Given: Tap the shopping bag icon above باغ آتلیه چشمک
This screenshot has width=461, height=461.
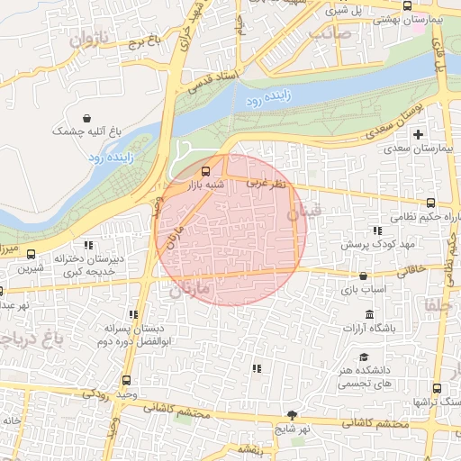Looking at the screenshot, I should pyautogui.click(x=86, y=118).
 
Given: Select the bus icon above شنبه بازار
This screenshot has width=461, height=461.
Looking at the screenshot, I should pyautogui.click(x=206, y=170).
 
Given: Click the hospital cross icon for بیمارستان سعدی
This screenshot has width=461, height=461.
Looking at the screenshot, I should pyautogui.click(x=417, y=134).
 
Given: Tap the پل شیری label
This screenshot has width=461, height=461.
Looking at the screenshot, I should pyautogui.click(x=349, y=11).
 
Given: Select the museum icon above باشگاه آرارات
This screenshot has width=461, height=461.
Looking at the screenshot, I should pyautogui.click(x=369, y=314).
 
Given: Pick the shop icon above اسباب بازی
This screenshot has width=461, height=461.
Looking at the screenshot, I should pyautogui.click(x=363, y=276).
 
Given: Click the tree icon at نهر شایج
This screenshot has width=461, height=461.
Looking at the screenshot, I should pyautogui.click(x=292, y=415).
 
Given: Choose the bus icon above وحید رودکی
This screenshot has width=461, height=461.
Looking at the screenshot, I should pyautogui.click(x=125, y=380).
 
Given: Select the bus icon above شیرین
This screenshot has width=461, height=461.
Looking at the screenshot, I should pyautogui.click(x=32, y=254).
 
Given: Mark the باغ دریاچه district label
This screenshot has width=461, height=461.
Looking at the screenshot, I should pyautogui.click(x=41, y=335).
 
